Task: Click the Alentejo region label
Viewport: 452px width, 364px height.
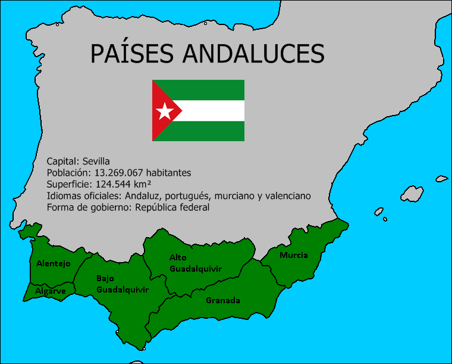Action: [x=54, y=263]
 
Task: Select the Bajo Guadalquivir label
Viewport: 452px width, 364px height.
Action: [x=123, y=284]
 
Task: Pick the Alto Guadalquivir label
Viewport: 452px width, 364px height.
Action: [x=195, y=263]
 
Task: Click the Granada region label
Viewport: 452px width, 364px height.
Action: [x=223, y=300]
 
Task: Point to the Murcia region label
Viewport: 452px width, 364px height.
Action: [x=294, y=255]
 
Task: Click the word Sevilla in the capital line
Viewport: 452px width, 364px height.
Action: [x=96, y=161]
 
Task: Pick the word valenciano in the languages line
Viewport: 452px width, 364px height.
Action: [x=288, y=196]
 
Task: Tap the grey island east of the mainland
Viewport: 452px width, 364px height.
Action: [x=412, y=194]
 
